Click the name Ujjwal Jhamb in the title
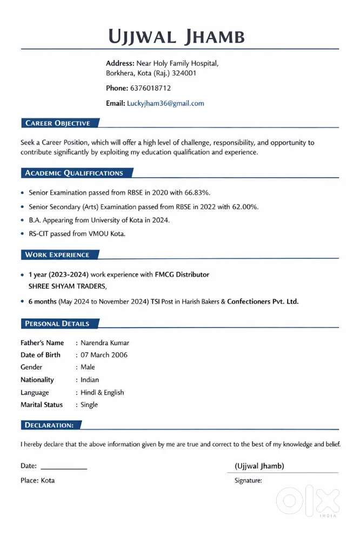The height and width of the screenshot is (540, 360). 176,37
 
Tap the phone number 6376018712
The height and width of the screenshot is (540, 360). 151,88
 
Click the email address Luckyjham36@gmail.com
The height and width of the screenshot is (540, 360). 165,103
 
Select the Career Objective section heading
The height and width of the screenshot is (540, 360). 57,123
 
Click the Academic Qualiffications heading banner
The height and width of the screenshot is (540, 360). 74,173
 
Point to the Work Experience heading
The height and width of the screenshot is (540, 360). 57,255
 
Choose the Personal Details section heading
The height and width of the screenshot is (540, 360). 57,323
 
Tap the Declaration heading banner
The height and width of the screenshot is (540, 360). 49,425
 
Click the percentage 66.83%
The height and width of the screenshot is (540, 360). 197,192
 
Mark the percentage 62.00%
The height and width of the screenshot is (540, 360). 245,206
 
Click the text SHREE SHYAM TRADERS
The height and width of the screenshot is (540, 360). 68,286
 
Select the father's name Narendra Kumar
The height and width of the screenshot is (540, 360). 105,343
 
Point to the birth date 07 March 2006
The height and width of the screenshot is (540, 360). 104,355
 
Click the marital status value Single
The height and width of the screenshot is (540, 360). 89,404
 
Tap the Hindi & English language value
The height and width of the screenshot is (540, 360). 102,392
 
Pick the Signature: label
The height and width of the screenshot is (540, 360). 248,480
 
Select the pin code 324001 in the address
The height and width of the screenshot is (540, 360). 184,73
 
